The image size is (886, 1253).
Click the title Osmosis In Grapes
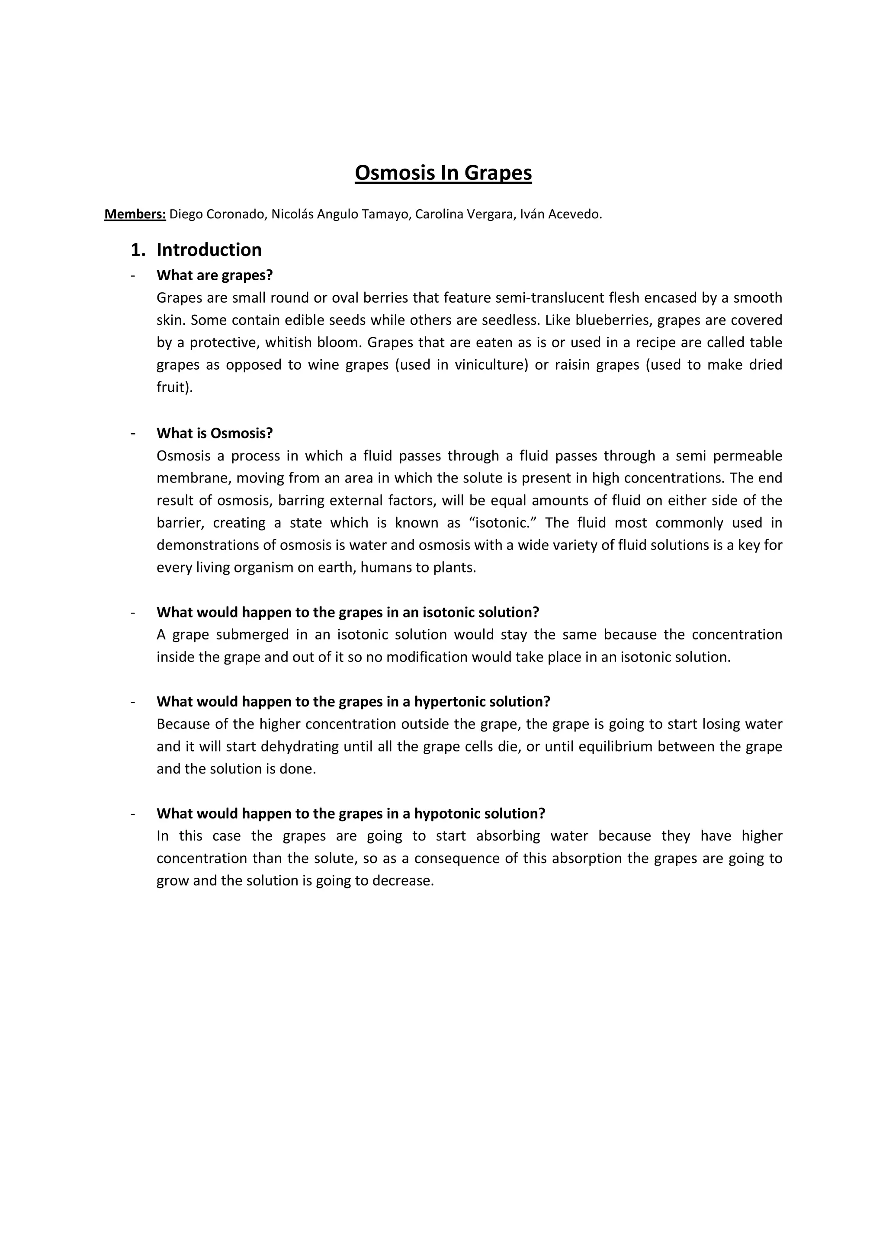(x=443, y=173)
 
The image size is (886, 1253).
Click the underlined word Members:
(x=135, y=214)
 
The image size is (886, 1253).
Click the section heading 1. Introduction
(x=196, y=250)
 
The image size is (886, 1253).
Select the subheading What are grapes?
(x=215, y=275)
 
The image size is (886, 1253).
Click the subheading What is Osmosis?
(x=215, y=433)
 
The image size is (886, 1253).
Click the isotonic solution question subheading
(x=348, y=612)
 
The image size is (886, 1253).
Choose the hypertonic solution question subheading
(x=353, y=702)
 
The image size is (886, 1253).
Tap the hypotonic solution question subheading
(x=351, y=814)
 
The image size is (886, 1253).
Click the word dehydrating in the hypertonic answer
(x=300, y=747)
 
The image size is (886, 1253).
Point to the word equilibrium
(x=606, y=747)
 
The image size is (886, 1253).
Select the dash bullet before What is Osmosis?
(x=133, y=433)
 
